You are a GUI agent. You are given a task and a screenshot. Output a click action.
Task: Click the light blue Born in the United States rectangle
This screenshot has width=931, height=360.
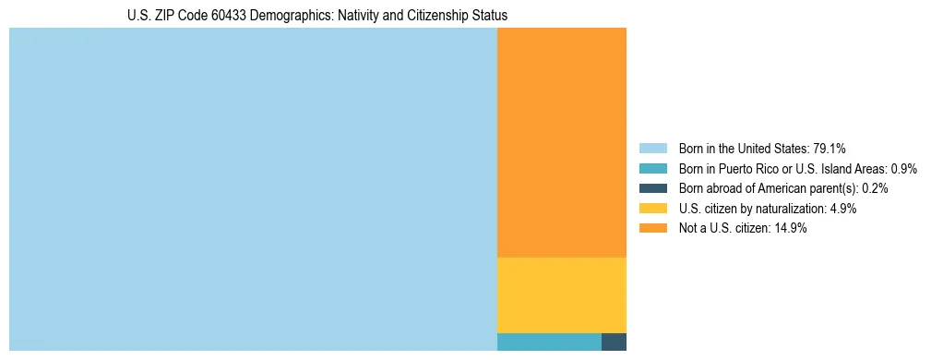[x=253, y=189]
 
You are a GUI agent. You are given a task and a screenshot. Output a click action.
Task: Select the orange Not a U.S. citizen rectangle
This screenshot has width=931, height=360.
[x=561, y=143]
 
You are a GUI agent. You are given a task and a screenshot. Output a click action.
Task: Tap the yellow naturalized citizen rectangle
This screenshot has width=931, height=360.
[x=561, y=294]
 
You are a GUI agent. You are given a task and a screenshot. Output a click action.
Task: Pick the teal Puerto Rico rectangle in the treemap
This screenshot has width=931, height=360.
[x=549, y=342]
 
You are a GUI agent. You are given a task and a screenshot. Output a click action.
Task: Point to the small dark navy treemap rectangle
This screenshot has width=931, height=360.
[x=614, y=342]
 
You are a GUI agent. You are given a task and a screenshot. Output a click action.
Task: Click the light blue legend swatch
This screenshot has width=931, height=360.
[x=652, y=148]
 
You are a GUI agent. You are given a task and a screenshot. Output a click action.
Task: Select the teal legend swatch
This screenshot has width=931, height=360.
[x=652, y=168]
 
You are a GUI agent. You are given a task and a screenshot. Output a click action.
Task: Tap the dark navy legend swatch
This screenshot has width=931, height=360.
[x=652, y=188]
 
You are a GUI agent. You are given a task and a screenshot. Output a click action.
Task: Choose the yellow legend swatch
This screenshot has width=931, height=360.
[x=652, y=209]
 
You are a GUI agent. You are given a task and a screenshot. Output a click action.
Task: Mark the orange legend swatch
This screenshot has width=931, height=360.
[x=652, y=229]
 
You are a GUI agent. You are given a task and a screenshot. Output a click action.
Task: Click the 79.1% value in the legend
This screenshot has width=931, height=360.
[x=830, y=148]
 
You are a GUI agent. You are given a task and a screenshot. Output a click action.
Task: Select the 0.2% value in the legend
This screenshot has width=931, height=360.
[x=875, y=188]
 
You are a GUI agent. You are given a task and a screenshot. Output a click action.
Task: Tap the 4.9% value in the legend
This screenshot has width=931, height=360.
[x=843, y=209]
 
